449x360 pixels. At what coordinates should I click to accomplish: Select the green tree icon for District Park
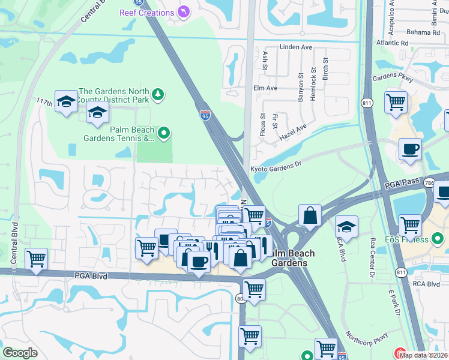(157, 94)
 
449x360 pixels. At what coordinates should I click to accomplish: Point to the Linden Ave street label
(296, 47)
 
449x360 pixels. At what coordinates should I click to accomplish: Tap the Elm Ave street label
(265, 88)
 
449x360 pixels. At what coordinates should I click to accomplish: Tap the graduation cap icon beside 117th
(65, 101)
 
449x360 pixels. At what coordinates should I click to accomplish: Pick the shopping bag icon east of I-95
(310, 215)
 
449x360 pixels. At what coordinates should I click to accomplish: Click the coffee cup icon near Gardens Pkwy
(410, 149)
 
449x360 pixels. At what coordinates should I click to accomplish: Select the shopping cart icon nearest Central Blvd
(37, 259)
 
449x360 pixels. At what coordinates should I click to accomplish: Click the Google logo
(20, 353)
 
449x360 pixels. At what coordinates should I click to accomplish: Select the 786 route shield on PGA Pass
(444, 183)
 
